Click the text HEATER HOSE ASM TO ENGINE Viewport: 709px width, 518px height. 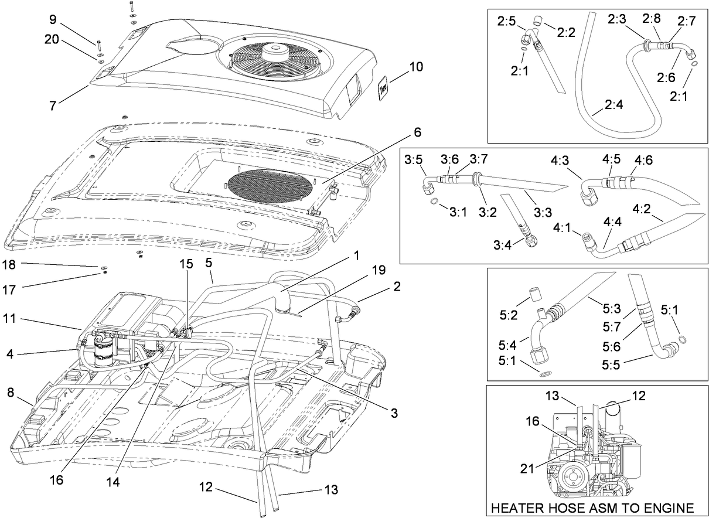[x=592, y=507]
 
